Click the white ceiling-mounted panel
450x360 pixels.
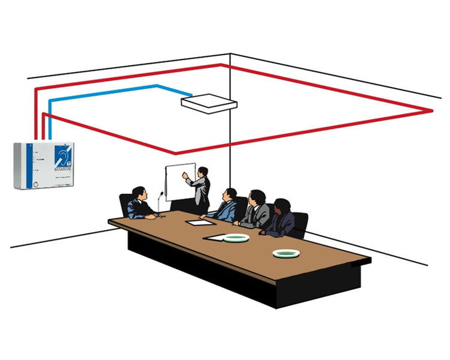click(209, 103)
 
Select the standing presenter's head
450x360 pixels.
click(202, 172)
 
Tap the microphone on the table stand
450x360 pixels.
click(161, 194)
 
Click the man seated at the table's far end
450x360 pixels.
click(140, 204)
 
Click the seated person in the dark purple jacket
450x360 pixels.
click(280, 219)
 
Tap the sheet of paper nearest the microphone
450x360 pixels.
click(199, 223)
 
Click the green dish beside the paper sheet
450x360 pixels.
click(236, 238)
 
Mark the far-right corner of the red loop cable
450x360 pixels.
click(431, 110)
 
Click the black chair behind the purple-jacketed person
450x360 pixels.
click(299, 223)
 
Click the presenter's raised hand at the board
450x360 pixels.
click(185, 175)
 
